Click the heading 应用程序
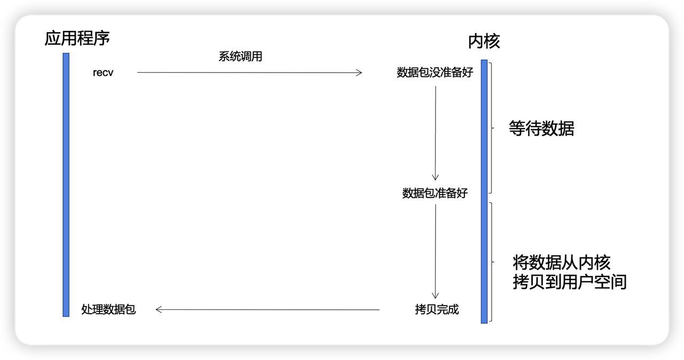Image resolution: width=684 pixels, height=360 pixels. tap(77, 38)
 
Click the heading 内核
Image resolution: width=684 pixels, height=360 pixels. tap(484, 41)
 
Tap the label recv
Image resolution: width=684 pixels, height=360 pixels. tap(103, 73)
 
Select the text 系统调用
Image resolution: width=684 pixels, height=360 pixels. tap(240, 57)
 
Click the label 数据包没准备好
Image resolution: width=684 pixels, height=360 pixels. tap(435, 73)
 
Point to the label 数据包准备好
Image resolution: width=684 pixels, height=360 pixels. tap(435, 193)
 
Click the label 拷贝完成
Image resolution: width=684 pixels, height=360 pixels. tap(437, 309)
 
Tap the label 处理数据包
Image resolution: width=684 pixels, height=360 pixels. tap(108, 309)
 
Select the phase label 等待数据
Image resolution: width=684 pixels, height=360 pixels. tap(541, 129)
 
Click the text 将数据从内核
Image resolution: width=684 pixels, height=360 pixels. tap(561, 262)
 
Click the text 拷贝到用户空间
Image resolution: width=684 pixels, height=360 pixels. tap(569, 281)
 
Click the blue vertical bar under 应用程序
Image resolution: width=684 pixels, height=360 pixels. tap(66, 184)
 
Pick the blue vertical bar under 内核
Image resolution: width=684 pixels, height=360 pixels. tap(484, 191)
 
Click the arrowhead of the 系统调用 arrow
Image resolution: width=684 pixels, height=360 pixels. tap(360, 73)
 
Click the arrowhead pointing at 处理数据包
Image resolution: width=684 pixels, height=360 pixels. tap(158, 309)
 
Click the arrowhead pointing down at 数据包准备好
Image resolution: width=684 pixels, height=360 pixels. tap(436, 177)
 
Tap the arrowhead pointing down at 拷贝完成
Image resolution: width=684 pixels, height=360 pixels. tap(436, 295)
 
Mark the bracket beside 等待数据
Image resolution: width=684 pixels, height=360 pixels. tap(490, 128)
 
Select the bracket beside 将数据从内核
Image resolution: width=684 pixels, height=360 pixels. tap(490, 262)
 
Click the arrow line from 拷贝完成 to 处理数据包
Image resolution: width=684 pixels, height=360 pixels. tap(267, 309)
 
